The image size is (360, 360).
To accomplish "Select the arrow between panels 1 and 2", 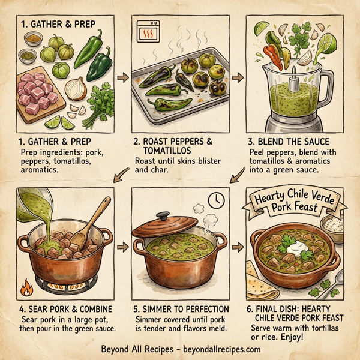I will (x=122, y=78).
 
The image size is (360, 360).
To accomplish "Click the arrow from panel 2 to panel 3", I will (x=236, y=78).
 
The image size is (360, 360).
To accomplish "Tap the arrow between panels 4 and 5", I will (x=122, y=247).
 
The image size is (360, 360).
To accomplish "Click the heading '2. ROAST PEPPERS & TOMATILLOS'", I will (x=173, y=148).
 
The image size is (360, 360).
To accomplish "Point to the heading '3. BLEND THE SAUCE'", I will (x=288, y=142).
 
